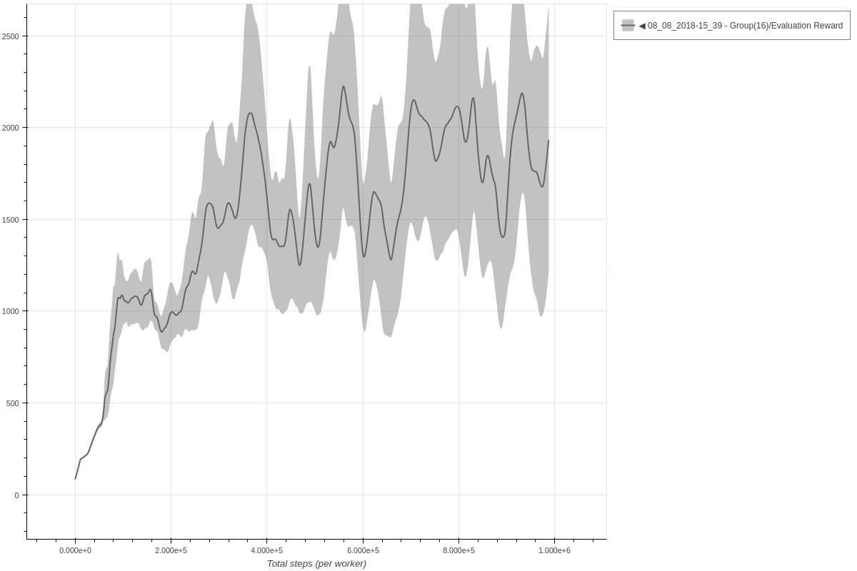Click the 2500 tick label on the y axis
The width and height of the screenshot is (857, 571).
(12, 36)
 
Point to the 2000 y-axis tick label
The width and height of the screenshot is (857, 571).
(12, 128)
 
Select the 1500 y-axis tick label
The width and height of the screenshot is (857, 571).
(12, 220)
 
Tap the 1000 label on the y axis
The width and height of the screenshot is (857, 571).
(12, 311)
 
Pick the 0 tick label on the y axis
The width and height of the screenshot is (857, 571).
(17, 495)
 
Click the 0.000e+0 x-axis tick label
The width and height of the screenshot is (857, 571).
(75, 550)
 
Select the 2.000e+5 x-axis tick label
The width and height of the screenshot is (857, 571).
(171, 550)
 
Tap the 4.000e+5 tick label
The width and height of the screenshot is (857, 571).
(267, 550)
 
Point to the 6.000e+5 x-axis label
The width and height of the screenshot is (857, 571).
(363, 550)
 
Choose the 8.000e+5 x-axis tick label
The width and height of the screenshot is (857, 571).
(458, 550)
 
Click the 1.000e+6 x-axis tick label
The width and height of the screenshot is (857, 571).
(554, 550)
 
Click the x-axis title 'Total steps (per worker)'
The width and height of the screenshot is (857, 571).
(316, 564)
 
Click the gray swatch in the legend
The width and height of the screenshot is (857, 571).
(628, 26)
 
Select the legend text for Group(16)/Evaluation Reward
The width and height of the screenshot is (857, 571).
(745, 26)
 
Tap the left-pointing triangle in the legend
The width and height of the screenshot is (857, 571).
(642, 26)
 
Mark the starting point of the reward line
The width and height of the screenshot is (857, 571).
(75, 479)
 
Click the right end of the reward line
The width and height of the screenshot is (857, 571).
(548, 140)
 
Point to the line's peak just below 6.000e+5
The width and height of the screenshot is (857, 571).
(343, 86)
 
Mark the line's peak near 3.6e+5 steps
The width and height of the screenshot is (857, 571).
(250, 113)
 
